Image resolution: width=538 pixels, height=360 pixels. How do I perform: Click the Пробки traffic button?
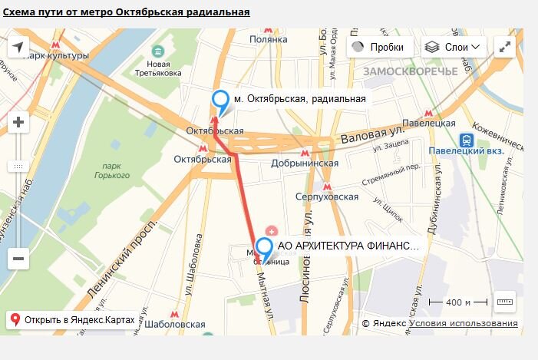[378, 47]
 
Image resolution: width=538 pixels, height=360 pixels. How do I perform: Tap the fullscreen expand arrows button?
[505, 47]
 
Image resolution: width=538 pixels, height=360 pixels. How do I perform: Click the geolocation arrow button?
[18, 48]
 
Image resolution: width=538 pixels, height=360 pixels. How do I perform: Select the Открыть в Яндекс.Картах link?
[73, 319]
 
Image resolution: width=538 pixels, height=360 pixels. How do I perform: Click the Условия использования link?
[463, 324]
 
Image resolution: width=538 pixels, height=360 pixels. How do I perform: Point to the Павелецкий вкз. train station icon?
[466, 140]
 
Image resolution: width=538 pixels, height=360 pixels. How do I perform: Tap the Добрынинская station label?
[305, 163]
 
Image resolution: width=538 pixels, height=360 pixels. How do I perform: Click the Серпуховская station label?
[327, 197]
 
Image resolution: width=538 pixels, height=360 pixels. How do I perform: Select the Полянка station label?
[268, 39]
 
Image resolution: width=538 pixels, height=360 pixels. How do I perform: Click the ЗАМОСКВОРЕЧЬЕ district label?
[410, 71]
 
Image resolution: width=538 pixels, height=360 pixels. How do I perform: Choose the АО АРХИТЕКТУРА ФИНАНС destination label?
[348, 246]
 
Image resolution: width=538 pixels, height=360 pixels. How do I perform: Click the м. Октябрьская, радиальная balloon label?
[299, 98]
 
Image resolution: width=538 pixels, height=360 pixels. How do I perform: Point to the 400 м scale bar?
[458, 302]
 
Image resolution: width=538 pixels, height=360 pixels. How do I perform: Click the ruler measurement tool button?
[505, 301]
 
